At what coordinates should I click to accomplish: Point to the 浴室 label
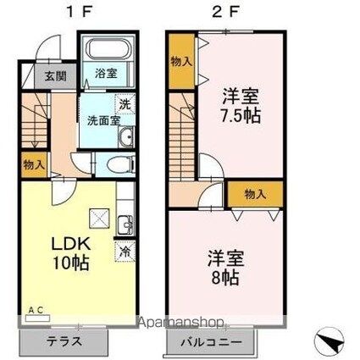pyautogui.click(x=105, y=73)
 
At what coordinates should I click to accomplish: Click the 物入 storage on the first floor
pyautogui.click(x=35, y=163)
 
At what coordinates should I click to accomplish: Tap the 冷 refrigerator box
pyautogui.click(x=125, y=252)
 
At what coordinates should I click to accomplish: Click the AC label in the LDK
pyautogui.click(x=36, y=309)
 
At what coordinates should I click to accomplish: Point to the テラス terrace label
pyautogui.click(x=64, y=344)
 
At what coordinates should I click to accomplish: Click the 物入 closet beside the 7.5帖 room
pyautogui.click(x=180, y=61)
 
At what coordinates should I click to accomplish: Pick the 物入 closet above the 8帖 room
pyautogui.click(x=255, y=194)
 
